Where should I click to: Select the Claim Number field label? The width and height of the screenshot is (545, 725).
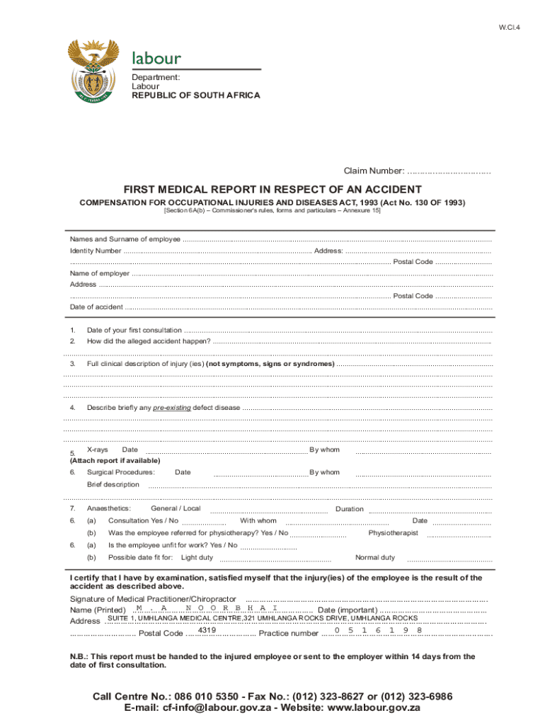click(x=374, y=171)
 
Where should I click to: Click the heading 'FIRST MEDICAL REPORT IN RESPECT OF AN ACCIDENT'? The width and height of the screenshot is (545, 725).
click(x=272, y=190)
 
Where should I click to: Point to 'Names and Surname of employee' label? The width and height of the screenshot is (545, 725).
click(x=125, y=239)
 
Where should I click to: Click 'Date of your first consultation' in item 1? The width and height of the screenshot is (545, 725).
click(x=134, y=330)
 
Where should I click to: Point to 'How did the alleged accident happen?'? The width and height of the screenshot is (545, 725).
click(x=148, y=341)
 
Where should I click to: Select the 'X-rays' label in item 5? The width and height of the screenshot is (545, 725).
click(x=97, y=450)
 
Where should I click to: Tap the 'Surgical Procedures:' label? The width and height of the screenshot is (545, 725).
click(x=120, y=472)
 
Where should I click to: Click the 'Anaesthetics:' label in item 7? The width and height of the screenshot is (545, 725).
click(x=108, y=508)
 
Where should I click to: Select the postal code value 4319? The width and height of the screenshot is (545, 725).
click(x=207, y=630)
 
